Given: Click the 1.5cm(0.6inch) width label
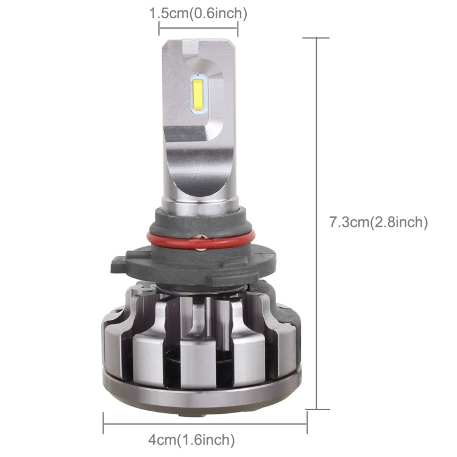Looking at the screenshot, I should tap(198, 13).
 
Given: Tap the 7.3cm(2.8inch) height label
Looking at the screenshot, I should tap(378, 222).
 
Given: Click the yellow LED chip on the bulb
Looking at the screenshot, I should tap(198, 94).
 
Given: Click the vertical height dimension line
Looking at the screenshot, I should tap(316, 183).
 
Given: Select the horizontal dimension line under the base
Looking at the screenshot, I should tap(205, 422).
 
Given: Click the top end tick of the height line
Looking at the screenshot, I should tap(316, 38).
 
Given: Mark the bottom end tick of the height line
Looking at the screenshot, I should tap(316, 409).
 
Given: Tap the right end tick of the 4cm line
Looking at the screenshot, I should tap(306, 422).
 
